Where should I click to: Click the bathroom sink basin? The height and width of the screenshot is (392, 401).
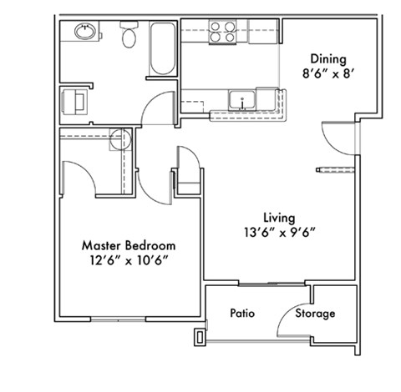pos(84,33)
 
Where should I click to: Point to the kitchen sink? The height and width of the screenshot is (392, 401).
pos(242,101)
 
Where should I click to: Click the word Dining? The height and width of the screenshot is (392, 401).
pos(327,58)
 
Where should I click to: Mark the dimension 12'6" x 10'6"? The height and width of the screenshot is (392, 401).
pos(129,261)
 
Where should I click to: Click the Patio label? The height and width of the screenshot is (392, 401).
pos(242,314)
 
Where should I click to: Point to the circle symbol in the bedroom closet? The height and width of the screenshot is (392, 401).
pos(117,139)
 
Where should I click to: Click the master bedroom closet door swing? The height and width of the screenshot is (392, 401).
pos(79,171)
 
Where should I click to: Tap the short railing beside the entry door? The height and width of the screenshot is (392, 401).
pos(337,170)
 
